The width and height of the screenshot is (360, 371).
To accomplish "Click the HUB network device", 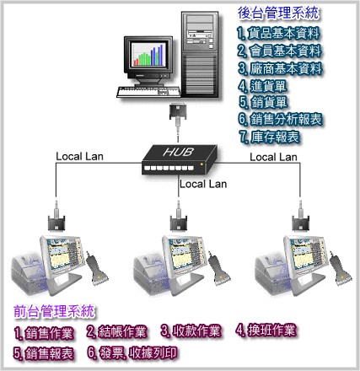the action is point(179,159).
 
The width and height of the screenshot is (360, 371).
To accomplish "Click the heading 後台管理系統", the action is point(278,13).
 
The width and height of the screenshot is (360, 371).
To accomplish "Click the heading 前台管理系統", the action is point(54,311).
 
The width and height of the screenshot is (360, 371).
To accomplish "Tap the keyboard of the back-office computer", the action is point(148,92).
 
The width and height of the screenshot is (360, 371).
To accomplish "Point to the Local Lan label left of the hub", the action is point(79,157).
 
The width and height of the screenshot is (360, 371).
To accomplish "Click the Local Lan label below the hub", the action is point(203,184).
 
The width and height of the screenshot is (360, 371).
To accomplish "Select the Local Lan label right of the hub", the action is point(273,157).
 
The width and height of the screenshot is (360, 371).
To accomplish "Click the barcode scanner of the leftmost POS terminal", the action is point(97,269).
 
